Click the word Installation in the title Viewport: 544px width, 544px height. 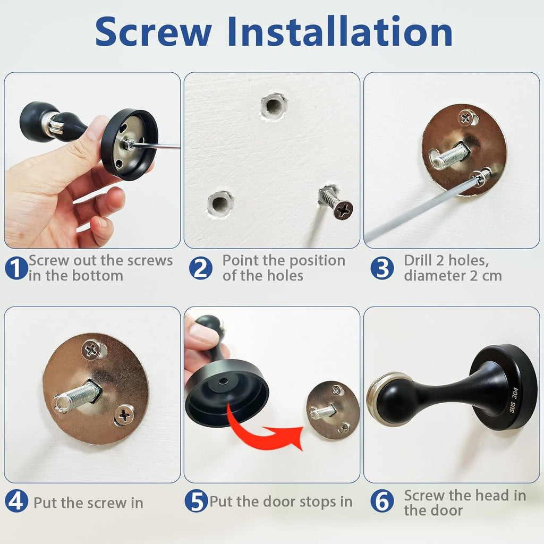340,32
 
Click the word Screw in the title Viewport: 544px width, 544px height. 154,32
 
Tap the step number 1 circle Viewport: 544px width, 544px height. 16,268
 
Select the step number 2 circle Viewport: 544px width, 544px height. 200,268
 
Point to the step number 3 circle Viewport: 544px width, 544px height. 382,268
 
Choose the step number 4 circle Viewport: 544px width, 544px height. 16,502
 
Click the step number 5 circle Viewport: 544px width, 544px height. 197,502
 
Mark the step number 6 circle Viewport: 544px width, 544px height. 382,502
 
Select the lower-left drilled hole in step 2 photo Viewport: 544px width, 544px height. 220,203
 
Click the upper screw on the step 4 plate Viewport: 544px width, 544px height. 91,349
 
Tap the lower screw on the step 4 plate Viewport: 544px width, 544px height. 124,415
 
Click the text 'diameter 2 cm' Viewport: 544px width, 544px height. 453,276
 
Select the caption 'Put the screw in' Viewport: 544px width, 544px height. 88,503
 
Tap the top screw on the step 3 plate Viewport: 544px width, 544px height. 466,117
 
